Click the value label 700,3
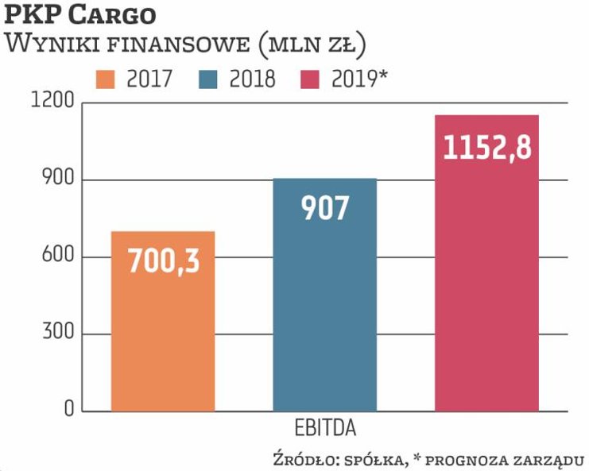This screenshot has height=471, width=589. click(x=163, y=261)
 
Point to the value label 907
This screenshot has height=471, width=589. click(x=324, y=208)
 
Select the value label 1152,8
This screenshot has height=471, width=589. click(x=486, y=148)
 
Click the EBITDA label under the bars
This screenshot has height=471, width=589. click(x=324, y=430)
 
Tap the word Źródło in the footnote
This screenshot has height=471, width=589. click(x=300, y=459)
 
